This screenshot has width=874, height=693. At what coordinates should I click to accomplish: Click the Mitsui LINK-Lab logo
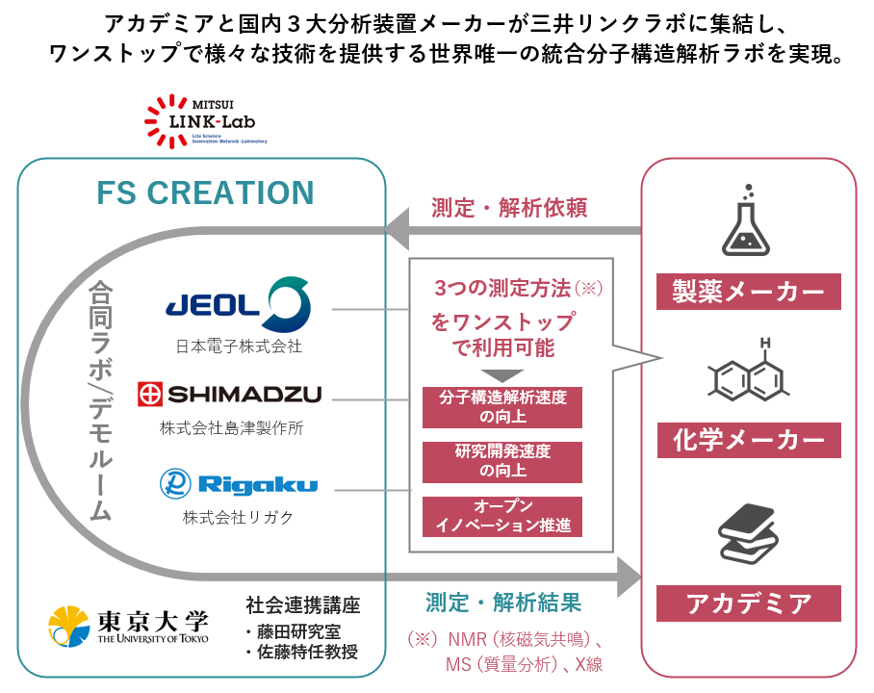coord(204,121)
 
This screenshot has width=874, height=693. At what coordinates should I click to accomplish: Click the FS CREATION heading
coord(205,192)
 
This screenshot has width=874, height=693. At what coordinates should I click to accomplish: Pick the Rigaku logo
coord(238,483)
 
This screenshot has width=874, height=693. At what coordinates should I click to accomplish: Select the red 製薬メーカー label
coord(748,291)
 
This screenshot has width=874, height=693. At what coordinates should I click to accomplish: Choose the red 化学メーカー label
coord(748,440)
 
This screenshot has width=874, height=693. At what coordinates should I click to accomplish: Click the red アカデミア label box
coord(748,603)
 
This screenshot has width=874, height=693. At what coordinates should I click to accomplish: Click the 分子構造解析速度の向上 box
coord(501,407)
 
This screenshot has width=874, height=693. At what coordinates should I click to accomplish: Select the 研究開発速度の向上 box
coord(501,461)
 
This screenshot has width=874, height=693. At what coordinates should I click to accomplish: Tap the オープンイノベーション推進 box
coord(501,516)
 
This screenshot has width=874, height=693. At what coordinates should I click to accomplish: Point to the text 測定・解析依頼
coord(509,207)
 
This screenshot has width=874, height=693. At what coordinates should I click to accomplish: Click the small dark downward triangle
coord(501,374)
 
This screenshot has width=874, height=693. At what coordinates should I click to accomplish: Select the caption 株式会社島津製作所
coord(231,428)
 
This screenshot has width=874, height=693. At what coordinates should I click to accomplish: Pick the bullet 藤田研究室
coord(293,631)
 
